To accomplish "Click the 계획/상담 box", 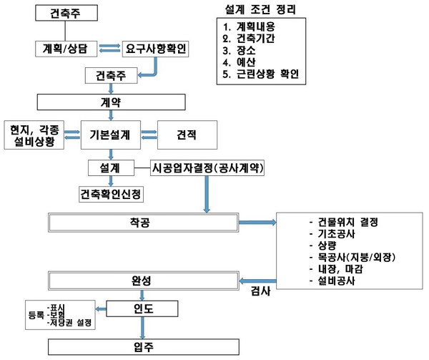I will [65, 49].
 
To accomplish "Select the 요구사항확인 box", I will [156, 49].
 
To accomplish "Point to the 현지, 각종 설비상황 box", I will [33, 134].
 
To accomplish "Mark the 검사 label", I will [260, 291].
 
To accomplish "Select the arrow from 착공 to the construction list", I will [258, 223].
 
